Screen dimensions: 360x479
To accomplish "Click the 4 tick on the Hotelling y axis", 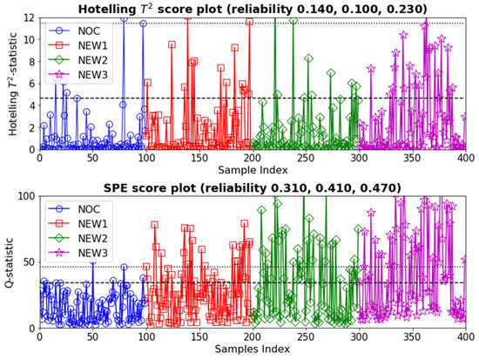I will point(30,106).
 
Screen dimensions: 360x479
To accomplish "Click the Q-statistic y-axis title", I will point(9,262).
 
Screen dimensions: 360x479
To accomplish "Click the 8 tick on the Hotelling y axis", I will point(30,62).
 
